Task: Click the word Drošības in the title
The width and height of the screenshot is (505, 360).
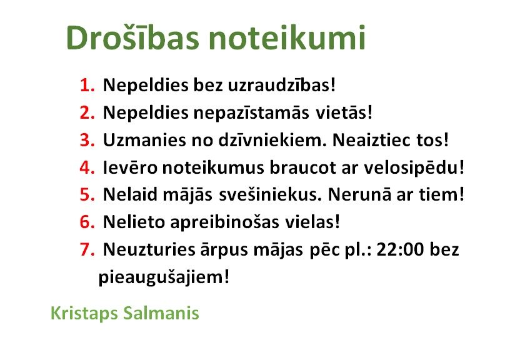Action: point(132,37)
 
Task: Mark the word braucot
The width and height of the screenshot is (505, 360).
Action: point(302,167)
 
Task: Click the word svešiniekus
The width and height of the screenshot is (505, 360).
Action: point(271,195)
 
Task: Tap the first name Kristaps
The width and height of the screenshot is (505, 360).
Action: point(84,314)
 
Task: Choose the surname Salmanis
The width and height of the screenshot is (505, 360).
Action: point(161,313)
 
